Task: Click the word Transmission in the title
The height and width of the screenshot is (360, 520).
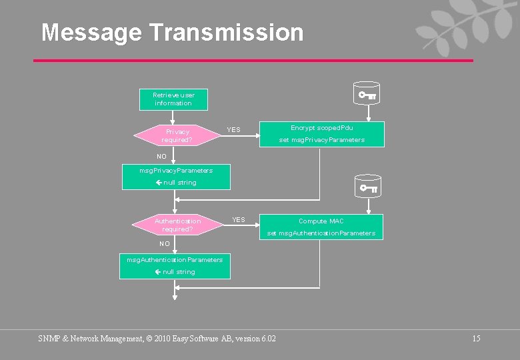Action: [226, 32]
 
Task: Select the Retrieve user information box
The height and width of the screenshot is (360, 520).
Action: [173, 99]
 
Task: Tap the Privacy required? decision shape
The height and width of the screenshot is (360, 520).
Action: [177, 136]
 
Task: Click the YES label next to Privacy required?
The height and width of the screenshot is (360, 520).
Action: [233, 129]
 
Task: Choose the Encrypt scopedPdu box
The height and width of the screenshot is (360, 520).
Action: [321, 133]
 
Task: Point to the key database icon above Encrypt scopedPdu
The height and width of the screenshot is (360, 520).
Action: [367, 95]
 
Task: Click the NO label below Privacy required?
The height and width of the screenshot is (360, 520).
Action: [161, 156]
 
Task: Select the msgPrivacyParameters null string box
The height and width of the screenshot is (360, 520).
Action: [176, 177]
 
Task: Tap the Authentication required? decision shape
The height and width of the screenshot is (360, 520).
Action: [177, 225]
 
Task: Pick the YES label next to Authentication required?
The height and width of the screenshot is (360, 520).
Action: [238, 219]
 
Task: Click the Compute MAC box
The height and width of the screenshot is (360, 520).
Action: [321, 227]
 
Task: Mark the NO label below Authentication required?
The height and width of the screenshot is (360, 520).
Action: [165, 243]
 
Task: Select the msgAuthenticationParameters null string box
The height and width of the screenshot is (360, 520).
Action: [175, 265]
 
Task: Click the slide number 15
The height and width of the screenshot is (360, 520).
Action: [476, 339]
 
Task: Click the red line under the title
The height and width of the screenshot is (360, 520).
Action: [253, 61]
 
